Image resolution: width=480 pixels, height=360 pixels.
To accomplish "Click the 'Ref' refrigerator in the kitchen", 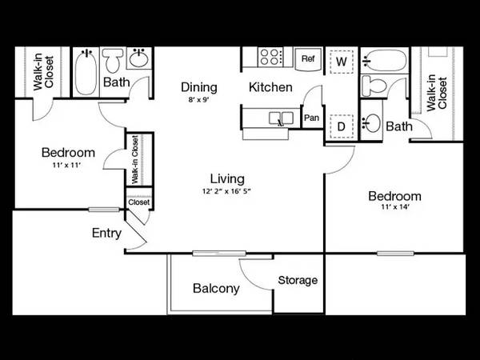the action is click(308, 58).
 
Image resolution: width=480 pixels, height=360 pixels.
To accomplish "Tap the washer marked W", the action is click(342, 62).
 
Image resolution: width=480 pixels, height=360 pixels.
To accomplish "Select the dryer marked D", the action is click(342, 126).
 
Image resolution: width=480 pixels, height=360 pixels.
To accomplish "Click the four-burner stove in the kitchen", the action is click(270, 57).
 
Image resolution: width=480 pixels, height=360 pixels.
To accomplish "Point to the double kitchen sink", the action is click(281, 118).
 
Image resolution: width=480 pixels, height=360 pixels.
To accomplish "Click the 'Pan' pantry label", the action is click(312, 118).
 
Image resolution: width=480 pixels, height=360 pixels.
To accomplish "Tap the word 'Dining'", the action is click(199, 87).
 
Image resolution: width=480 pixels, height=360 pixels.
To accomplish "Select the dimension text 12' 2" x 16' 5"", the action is click(226, 191).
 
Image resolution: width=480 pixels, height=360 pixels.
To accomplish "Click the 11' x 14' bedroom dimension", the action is click(395, 206).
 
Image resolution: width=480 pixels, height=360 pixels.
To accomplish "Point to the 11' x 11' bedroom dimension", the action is click(66, 166).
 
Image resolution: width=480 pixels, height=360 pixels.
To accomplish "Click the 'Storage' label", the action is click(298, 281).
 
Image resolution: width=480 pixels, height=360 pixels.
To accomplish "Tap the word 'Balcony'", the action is click(216, 288).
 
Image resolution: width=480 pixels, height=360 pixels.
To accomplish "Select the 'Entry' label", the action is click(106, 234).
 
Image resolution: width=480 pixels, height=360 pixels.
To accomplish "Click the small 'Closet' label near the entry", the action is click(139, 202).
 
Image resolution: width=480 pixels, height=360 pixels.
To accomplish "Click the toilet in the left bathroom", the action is click(112, 60).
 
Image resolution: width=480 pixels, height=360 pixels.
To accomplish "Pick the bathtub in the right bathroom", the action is click(385, 61).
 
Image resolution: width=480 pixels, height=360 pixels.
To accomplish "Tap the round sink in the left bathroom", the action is click(139, 58).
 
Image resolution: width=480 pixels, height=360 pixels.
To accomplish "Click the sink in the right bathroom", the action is click(371, 123).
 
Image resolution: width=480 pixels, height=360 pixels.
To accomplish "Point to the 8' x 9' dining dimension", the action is click(198, 100).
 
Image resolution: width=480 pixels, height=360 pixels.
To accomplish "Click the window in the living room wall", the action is click(219, 253).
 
